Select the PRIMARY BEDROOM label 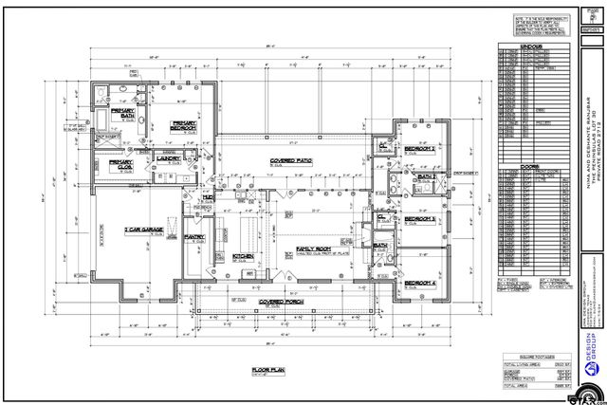(183, 126)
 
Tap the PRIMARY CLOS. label (121, 163)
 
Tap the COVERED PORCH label (281, 302)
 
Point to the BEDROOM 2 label (420, 149)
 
